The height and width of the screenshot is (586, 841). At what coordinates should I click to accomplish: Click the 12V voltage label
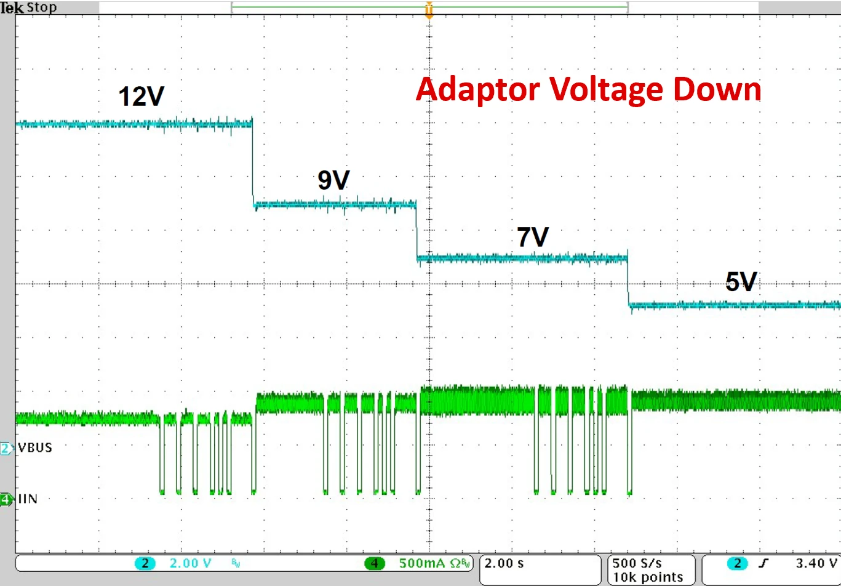click(141, 96)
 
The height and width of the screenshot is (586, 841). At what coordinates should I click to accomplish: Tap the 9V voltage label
click(333, 180)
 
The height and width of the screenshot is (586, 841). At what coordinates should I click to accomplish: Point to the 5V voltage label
click(740, 281)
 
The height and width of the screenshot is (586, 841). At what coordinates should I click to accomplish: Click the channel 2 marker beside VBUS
click(6, 448)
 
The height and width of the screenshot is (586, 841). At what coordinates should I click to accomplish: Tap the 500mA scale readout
click(427, 563)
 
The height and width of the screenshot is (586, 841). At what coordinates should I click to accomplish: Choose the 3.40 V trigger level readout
click(816, 563)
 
